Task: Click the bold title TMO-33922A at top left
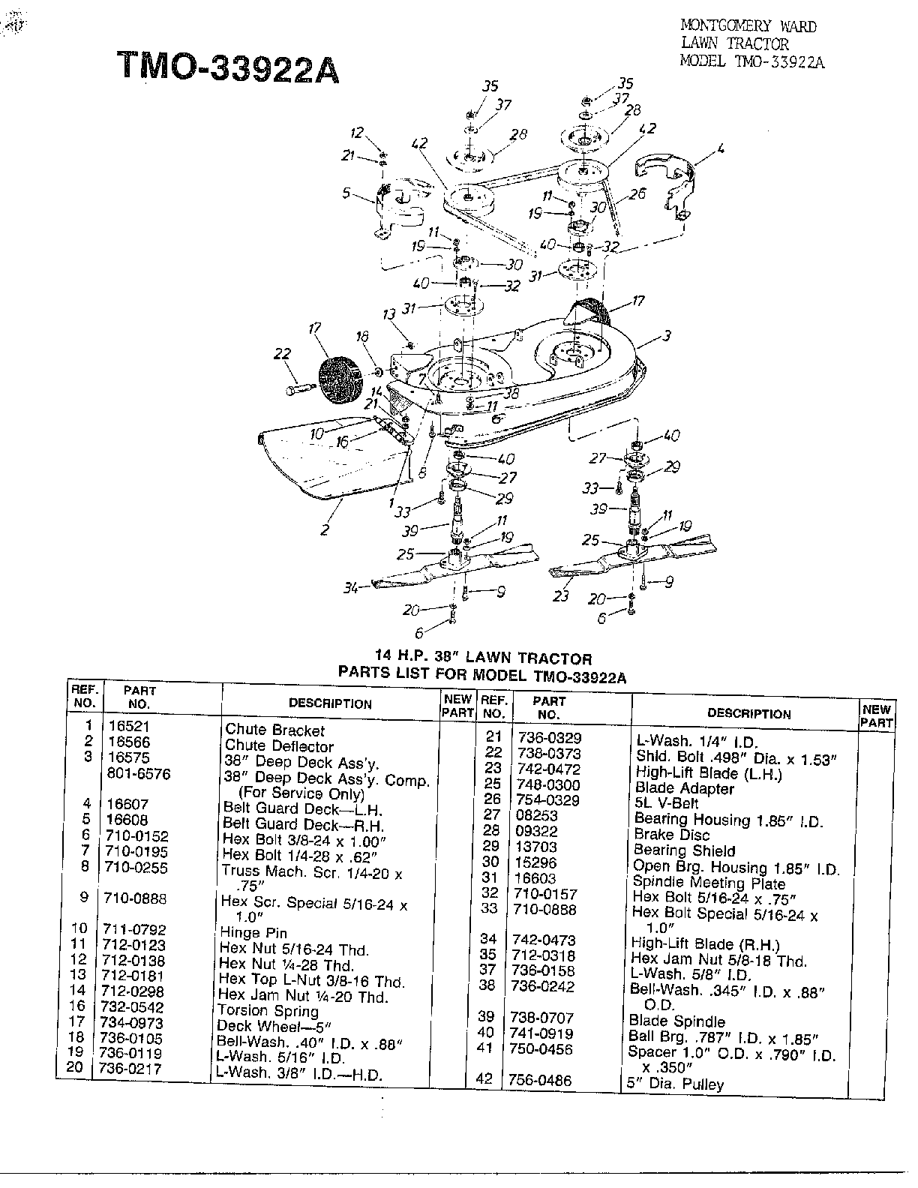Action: click(x=228, y=67)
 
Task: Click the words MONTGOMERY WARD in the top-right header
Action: click(x=748, y=26)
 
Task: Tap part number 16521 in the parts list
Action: click(x=129, y=726)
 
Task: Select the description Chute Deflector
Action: click(x=279, y=745)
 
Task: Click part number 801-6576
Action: click(x=139, y=773)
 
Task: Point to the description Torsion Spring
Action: click(x=268, y=1011)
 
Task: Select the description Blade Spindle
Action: click(x=677, y=1021)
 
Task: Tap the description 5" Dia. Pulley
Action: click(x=675, y=1084)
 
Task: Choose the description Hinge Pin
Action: click(x=253, y=932)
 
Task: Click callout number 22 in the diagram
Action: click(x=282, y=354)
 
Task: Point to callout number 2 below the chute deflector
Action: click(x=325, y=529)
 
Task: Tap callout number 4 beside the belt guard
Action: click(x=721, y=148)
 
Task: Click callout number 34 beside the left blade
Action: click(x=350, y=588)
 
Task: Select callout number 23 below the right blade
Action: click(x=561, y=595)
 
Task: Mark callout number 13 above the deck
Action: click(x=388, y=315)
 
